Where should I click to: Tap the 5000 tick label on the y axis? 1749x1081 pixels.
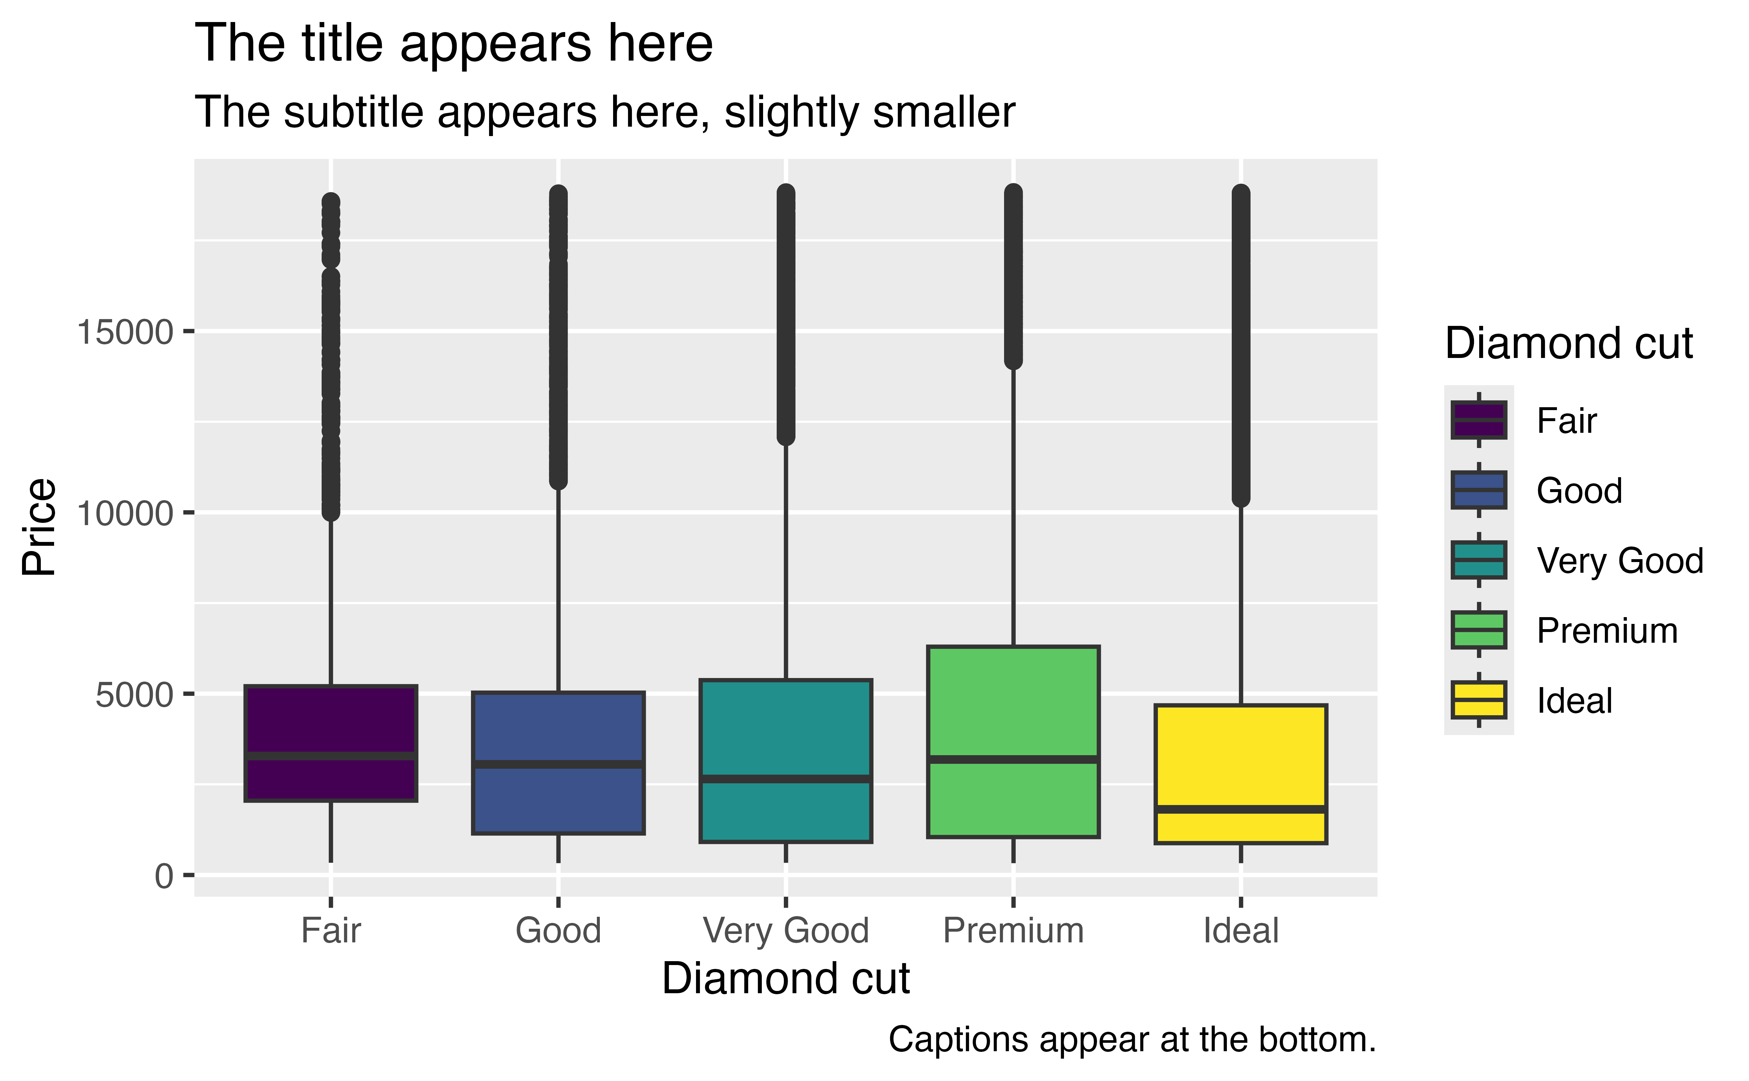tap(134, 695)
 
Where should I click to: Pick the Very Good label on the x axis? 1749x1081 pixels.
tap(785, 931)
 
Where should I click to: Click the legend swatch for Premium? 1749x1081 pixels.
tap(1478, 630)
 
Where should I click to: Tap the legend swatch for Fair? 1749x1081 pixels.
tap(1478, 420)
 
